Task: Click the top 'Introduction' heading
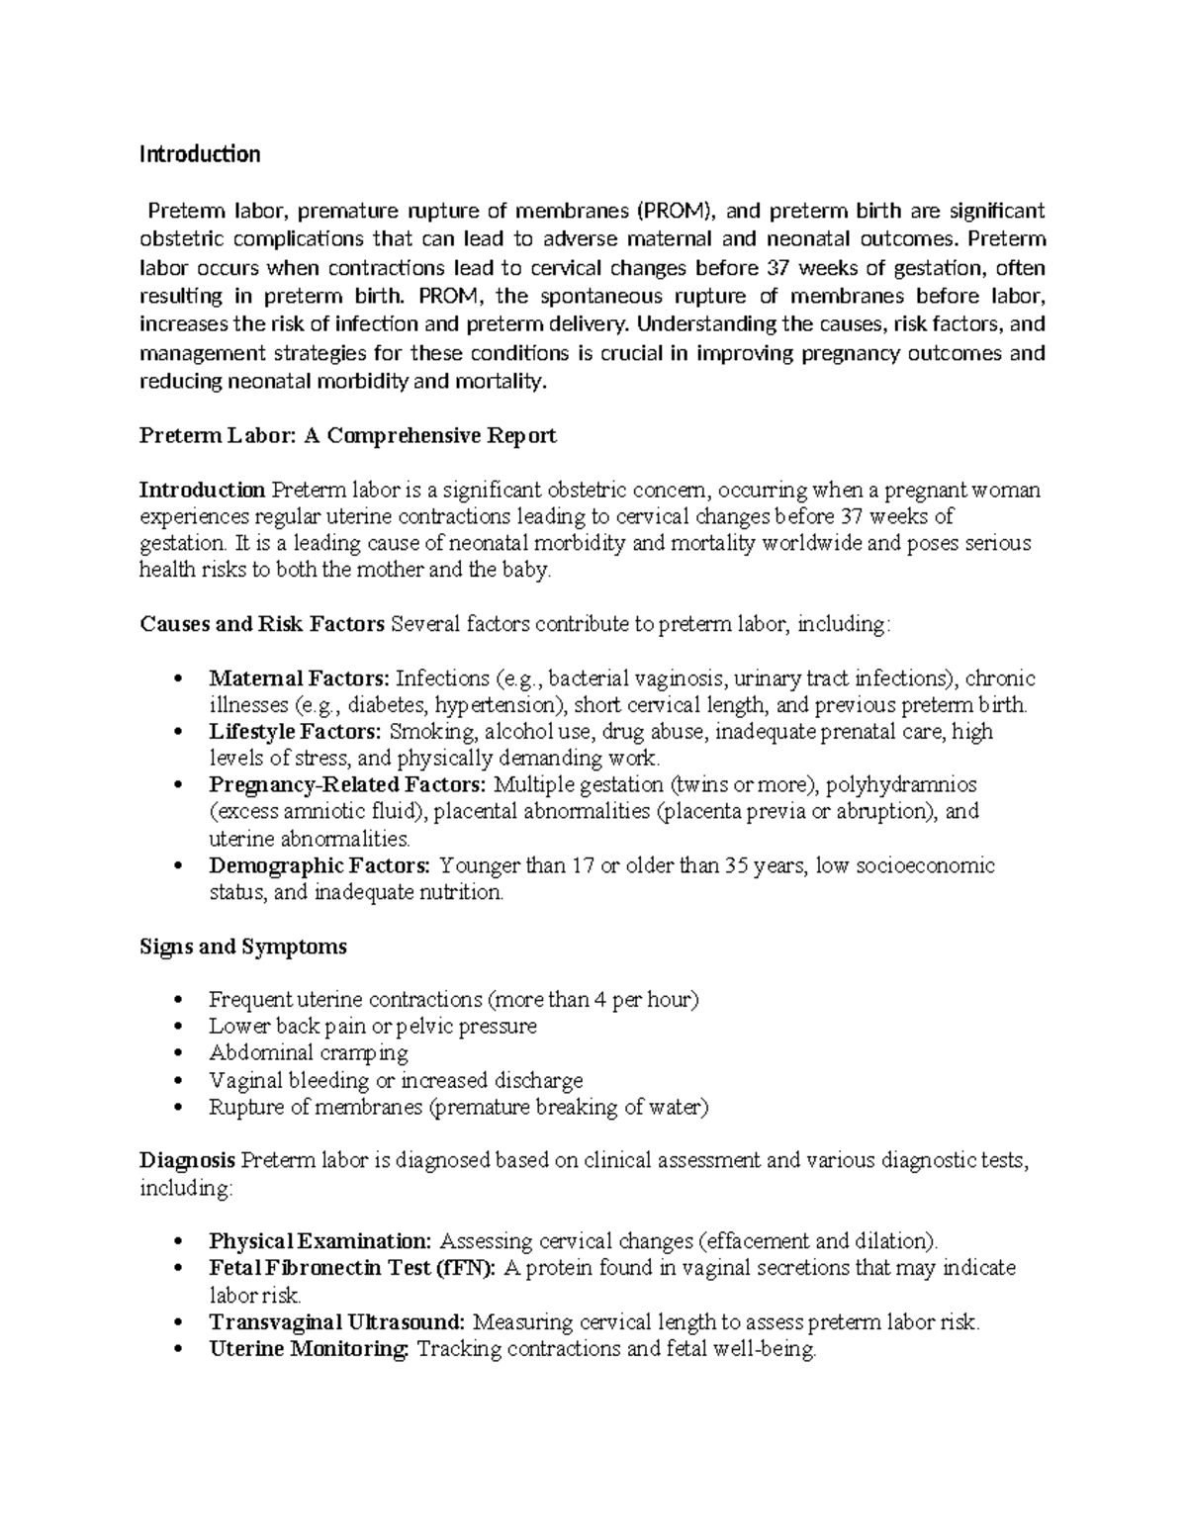(x=200, y=154)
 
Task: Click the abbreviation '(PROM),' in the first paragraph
(x=679, y=211)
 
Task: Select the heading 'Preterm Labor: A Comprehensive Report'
(x=348, y=436)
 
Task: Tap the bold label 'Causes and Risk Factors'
(x=262, y=624)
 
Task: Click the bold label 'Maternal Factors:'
(x=300, y=678)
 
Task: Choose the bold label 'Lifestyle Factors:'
(x=295, y=732)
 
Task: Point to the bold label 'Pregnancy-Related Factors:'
(x=347, y=785)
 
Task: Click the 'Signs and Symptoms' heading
(x=243, y=947)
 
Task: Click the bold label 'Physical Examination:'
(x=320, y=1241)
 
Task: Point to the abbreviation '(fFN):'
(x=466, y=1268)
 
